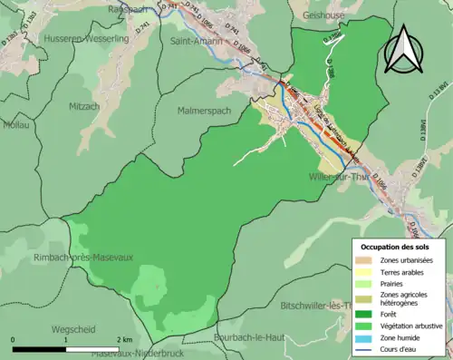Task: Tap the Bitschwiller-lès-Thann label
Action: (313, 306)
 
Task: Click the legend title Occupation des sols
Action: (395, 247)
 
